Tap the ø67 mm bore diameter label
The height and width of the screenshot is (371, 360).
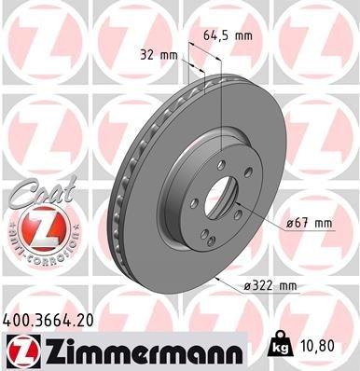point(310,223)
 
